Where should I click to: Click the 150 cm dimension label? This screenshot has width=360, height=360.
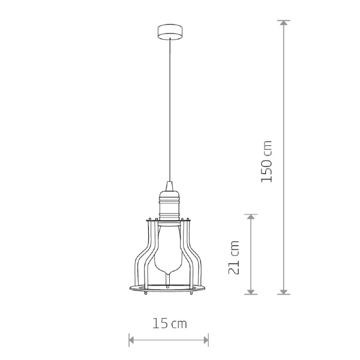click(x=266, y=161)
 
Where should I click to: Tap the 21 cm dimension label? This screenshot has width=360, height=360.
click(x=234, y=257)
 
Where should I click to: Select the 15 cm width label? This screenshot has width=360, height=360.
click(x=170, y=323)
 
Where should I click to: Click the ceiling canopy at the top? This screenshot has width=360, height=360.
click(x=170, y=32)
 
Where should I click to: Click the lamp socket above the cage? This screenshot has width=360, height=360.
click(x=170, y=205)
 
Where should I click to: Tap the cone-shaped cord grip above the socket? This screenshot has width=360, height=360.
click(x=170, y=185)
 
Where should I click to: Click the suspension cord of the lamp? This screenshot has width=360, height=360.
click(x=170, y=110)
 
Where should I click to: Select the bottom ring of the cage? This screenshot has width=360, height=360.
click(x=167, y=288)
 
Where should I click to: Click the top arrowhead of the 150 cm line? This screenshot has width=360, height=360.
click(x=284, y=23)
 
